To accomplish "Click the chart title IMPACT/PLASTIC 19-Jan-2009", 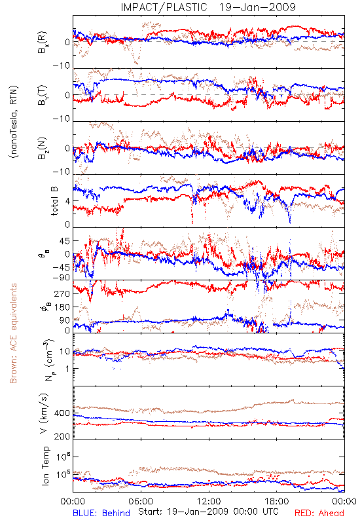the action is click(x=208, y=7).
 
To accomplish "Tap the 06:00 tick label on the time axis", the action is click(x=141, y=502).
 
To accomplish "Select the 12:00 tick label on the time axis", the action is click(x=209, y=502).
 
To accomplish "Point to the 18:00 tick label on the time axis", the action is click(x=277, y=502).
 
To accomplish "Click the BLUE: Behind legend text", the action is click(x=101, y=514).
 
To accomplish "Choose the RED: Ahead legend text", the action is click(x=319, y=514).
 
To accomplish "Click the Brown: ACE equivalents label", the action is click(x=13, y=333).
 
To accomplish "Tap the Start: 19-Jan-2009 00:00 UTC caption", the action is click(x=208, y=512).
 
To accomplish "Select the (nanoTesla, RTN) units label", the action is click(x=14, y=122).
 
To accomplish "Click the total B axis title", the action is click(x=54, y=201).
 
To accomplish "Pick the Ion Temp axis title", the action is click(x=45, y=466).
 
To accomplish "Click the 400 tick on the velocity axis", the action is click(x=62, y=413).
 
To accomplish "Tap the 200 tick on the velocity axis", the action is click(x=62, y=436).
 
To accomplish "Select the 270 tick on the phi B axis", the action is click(x=62, y=293).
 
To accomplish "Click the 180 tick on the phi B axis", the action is click(x=62, y=307).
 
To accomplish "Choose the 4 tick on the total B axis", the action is click(x=68, y=201).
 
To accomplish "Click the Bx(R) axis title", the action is click(x=43, y=42).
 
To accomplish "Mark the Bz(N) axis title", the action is click(x=43, y=148).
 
